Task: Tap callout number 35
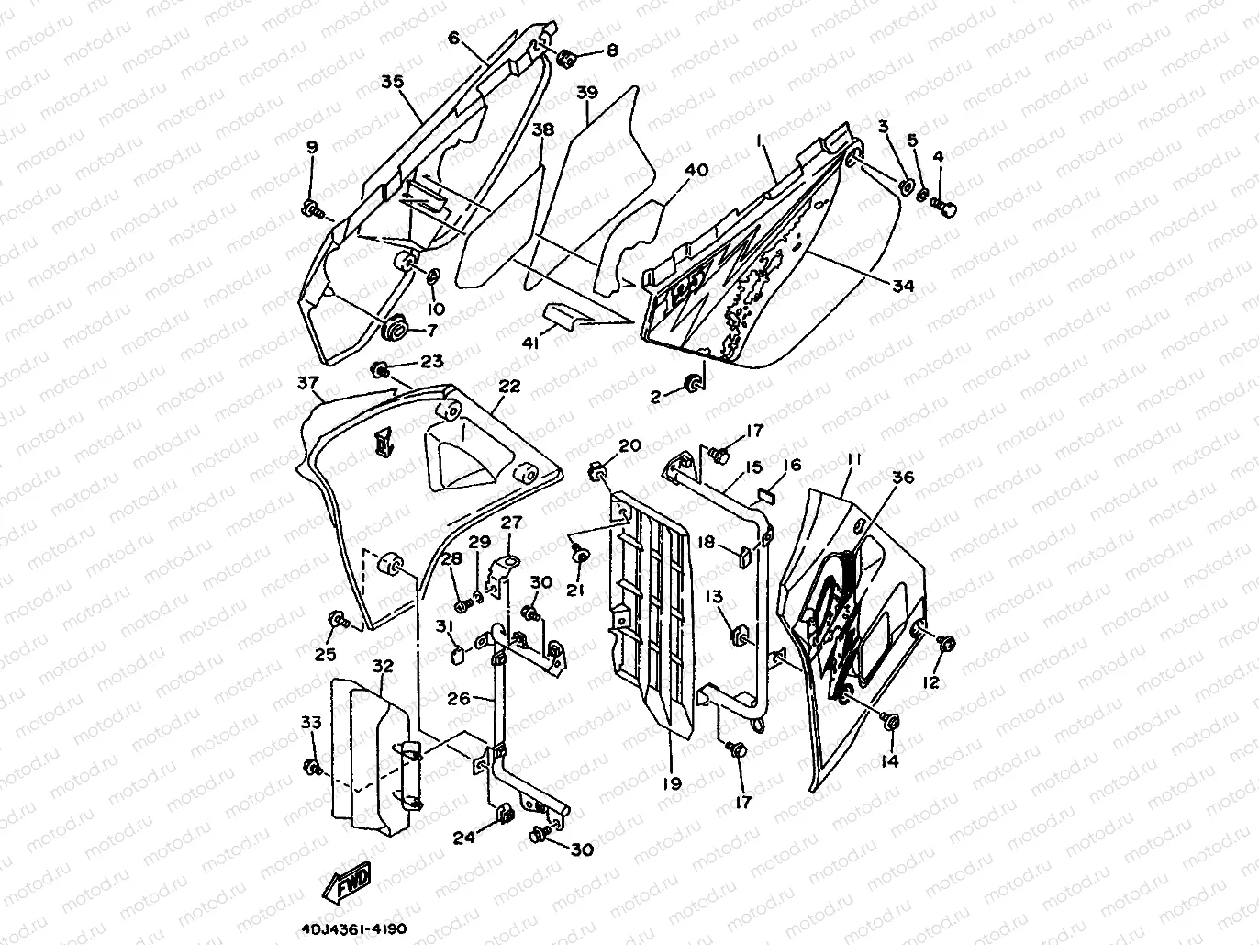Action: (x=392, y=82)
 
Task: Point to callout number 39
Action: (x=586, y=93)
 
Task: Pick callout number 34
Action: (x=903, y=286)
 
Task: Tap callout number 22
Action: (x=509, y=387)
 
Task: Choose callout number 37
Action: (x=308, y=382)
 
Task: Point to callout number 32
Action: (x=383, y=665)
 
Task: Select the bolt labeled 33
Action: (x=312, y=766)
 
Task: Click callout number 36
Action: (x=903, y=478)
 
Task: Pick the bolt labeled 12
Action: (x=948, y=641)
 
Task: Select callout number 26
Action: (x=458, y=699)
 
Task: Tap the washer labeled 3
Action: (x=905, y=187)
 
